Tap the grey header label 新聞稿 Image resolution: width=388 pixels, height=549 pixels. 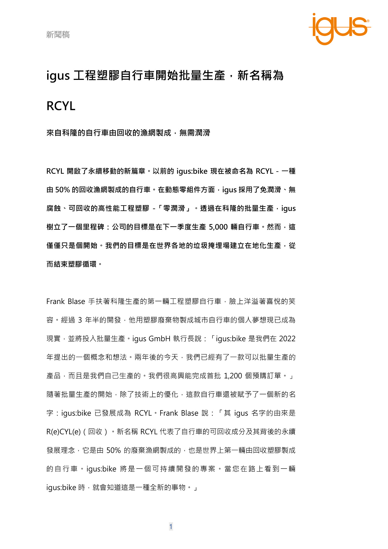click(x=58, y=35)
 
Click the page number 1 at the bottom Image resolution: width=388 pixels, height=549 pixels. click(x=171, y=526)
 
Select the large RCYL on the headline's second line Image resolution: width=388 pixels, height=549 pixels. click(x=61, y=106)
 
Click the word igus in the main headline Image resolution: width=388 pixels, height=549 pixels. click(x=58, y=76)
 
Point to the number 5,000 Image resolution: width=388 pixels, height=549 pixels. click(x=218, y=227)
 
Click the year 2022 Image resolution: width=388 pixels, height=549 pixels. click(x=287, y=339)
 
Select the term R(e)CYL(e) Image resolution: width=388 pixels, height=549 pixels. click(x=64, y=432)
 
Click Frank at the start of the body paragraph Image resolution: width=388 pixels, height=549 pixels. click(x=55, y=302)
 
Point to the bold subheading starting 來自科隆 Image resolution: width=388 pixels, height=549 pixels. click(x=128, y=133)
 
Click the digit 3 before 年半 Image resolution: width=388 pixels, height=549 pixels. click(x=80, y=320)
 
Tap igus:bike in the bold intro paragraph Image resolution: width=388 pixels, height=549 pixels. click(x=192, y=171)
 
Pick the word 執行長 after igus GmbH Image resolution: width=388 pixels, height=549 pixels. click(x=187, y=339)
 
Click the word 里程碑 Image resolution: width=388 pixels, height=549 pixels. click(x=94, y=227)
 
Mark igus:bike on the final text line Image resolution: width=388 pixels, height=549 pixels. click(x=61, y=487)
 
